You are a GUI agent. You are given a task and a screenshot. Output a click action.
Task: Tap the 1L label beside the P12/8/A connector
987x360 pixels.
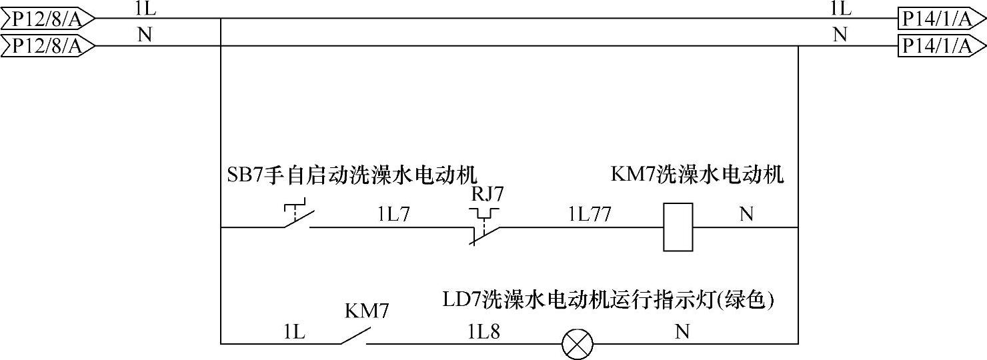145,8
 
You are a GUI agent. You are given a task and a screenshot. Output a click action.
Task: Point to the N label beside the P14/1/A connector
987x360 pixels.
840,35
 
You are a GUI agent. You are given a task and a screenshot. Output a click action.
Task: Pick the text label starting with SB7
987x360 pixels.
352,175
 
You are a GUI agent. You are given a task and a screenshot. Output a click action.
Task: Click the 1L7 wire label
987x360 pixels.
393,214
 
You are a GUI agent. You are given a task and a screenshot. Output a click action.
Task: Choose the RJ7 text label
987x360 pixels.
487,194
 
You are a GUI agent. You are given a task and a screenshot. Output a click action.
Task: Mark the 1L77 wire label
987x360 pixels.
590,214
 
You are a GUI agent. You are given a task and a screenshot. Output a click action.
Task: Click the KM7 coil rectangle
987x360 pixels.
678,227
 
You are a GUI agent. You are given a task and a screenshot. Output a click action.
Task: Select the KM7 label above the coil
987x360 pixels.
697,175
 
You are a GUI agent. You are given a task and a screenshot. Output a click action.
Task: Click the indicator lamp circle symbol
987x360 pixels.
574,344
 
